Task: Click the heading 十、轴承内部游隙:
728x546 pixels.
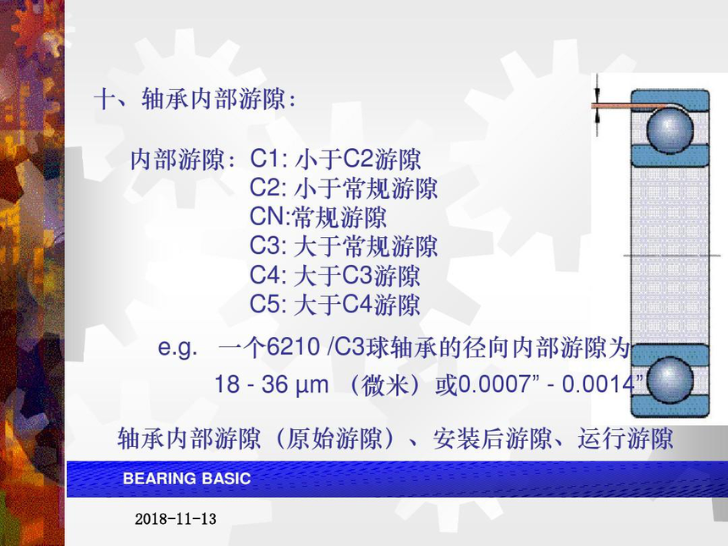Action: point(195,99)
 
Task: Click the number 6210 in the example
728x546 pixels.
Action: point(294,347)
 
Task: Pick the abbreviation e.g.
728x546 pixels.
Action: point(178,348)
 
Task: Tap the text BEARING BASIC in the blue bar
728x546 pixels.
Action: point(186,478)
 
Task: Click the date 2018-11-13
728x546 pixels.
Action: point(175,519)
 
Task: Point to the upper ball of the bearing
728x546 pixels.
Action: point(670,129)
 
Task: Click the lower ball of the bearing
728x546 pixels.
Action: point(670,380)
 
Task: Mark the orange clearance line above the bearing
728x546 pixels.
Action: point(628,107)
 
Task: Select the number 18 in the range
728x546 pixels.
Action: point(227,384)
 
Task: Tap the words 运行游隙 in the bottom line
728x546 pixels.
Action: point(625,438)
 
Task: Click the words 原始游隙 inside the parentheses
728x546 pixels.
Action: point(334,438)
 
